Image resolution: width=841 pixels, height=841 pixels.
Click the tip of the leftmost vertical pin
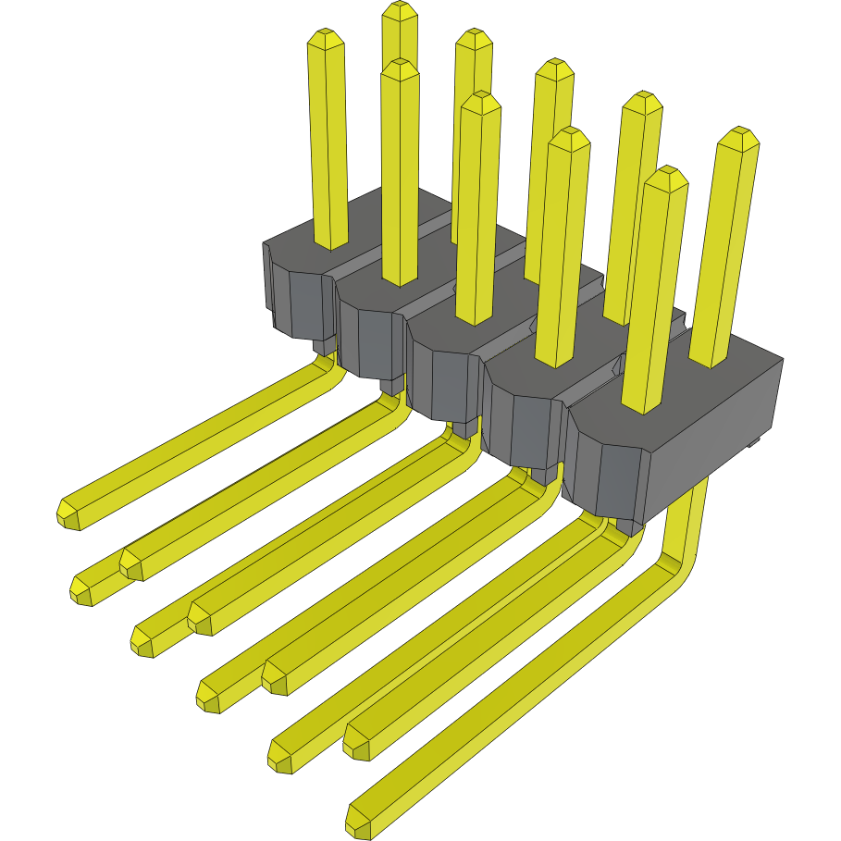tap(327, 40)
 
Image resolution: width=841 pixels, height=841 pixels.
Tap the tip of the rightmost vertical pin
tap(738, 139)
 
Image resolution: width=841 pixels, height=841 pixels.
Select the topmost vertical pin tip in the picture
tap(400, 12)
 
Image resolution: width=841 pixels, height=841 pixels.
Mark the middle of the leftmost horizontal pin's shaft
tap(194, 439)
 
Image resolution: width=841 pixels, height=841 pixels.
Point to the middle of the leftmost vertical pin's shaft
tap(328, 139)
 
